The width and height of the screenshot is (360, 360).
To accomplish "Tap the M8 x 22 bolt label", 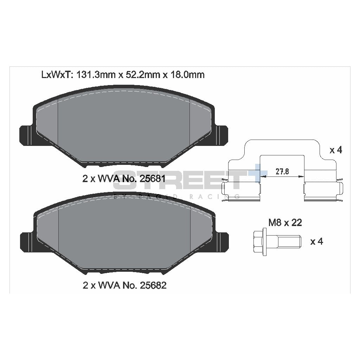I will pyautogui.click(x=285, y=223).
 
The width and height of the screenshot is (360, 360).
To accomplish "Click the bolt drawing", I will pyautogui.click(x=277, y=241).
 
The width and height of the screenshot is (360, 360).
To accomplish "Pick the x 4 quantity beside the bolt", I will pyautogui.click(x=316, y=242).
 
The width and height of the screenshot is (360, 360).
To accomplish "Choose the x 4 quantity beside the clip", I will pyautogui.click(x=335, y=150).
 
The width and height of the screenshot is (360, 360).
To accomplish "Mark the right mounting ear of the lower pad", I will pyautogui.click(x=221, y=242).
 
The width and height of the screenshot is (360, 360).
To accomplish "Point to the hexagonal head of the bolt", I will pyautogui.click(x=259, y=241).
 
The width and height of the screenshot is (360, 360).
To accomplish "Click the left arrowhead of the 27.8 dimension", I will pyautogui.click(x=262, y=176).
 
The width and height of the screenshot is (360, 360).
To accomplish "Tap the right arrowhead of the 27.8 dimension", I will pyautogui.click(x=301, y=176).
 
